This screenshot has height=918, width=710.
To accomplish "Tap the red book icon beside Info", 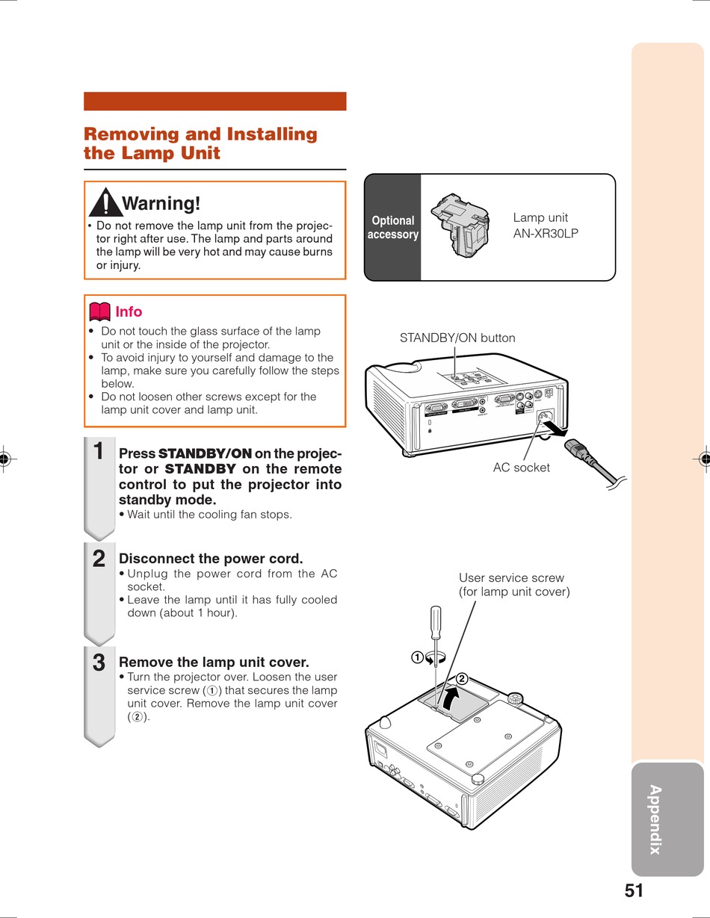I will point(99,311).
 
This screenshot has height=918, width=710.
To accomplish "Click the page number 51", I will point(634,890).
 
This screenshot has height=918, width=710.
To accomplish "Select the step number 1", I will point(98,451).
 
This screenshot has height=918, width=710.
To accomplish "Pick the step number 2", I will point(98,558).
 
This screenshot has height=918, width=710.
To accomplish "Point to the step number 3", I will point(98,663).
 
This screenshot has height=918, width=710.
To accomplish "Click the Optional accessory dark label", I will point(392,227).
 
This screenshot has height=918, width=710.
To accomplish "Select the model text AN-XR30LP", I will point(546,233).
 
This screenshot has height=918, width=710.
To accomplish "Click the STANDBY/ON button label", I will point(457,338).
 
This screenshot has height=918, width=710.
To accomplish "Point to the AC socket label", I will point(521,468).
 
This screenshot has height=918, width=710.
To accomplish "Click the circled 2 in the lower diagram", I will point(462,678).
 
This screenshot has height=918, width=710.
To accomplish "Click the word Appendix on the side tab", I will point(655,819).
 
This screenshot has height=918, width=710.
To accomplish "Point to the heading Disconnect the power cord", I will point(211,559).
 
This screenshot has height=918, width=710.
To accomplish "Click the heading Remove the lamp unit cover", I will point(214,663).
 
